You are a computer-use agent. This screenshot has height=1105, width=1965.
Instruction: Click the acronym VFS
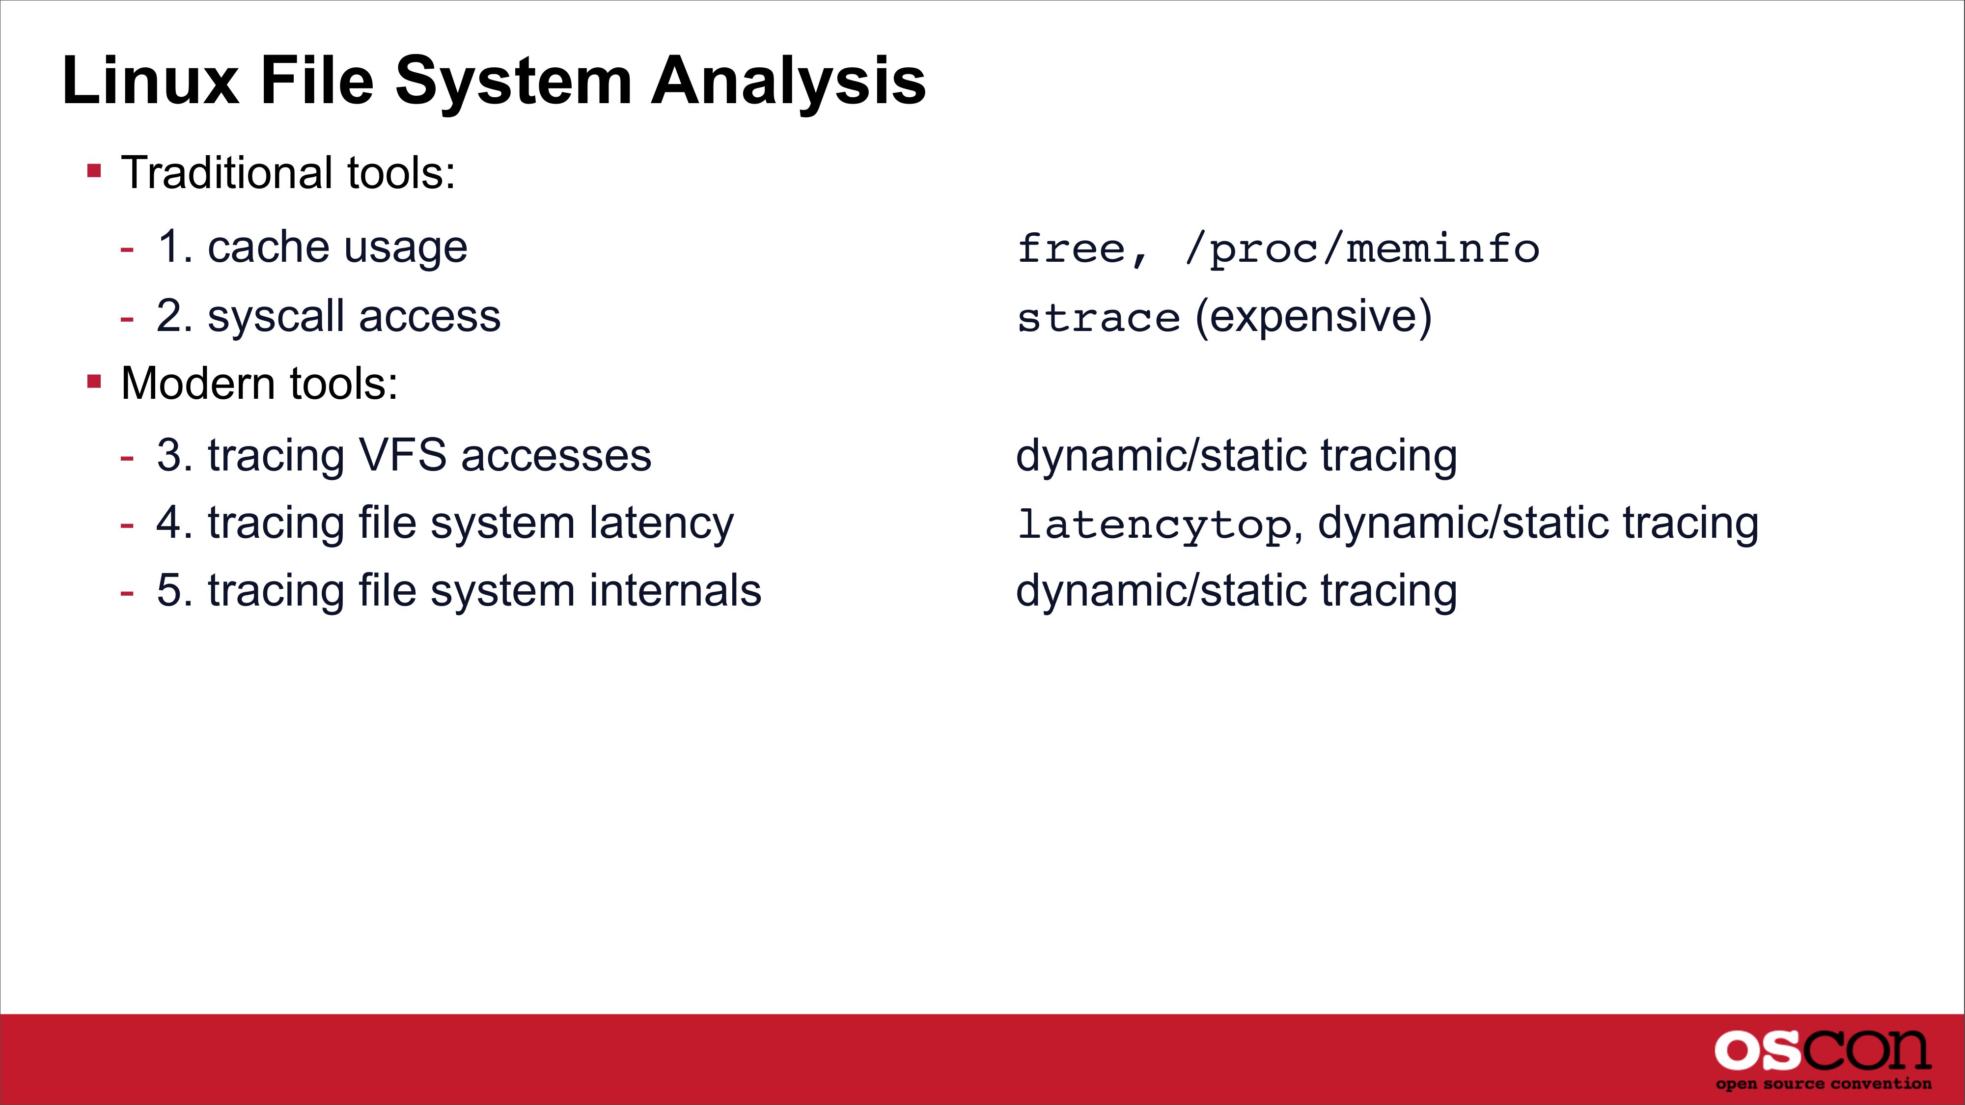click(x=402, y=455)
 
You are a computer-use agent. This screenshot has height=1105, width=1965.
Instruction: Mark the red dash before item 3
click(x=127, y=458)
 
